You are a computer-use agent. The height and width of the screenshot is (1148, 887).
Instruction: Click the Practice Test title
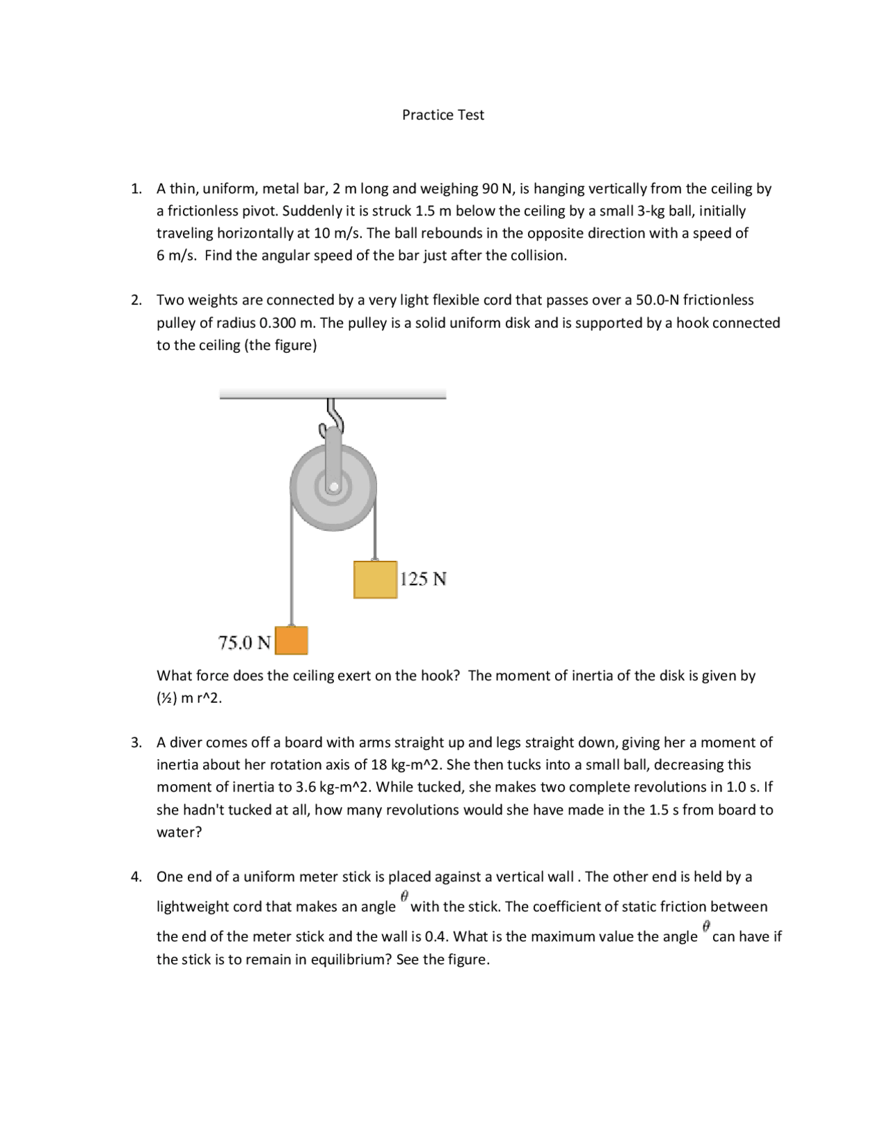coord(443,115)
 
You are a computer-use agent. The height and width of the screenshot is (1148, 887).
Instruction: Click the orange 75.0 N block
coord(292,641)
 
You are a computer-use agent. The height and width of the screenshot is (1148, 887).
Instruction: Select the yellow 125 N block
coord(375,580)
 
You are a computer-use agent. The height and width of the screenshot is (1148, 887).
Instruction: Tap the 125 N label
coord(423,579)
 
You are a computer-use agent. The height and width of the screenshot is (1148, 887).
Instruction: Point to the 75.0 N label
coord(245,643)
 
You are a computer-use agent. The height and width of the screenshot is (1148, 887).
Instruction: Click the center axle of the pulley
coord(334,487)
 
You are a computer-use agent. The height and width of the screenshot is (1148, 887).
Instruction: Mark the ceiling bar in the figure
coord(333,394)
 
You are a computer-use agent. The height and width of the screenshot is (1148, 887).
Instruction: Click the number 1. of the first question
coord(137,189)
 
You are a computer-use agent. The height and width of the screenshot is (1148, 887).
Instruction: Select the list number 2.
coord(137,300)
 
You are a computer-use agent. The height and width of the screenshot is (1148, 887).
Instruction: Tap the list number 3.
coord(137,742)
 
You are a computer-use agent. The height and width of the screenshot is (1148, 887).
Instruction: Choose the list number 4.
coord(137,877)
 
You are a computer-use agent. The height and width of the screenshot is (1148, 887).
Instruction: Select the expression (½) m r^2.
coord(189,698)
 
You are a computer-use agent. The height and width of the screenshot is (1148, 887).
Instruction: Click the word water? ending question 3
coord(179,832)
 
